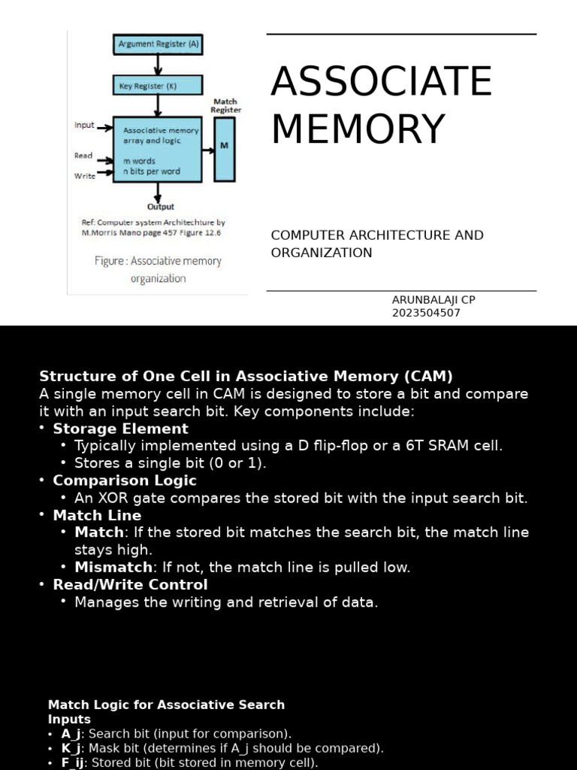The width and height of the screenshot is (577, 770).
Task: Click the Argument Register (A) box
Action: [158, 44]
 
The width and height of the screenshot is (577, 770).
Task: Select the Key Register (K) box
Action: [158, 85]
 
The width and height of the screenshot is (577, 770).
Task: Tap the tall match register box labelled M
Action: [224, 147]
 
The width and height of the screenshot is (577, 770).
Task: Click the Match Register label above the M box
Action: [225, 105]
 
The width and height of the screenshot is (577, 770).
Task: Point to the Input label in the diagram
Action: [84, 125]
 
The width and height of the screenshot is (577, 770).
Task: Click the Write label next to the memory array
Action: [84, 176]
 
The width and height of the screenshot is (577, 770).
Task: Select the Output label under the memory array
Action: [160, 207]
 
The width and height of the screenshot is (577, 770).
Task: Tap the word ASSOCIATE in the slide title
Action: [381, 82]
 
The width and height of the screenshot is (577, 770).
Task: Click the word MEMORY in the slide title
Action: [358, 129]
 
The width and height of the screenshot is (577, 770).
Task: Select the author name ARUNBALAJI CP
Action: [434, 299]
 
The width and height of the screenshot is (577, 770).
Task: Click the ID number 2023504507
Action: [426, 313]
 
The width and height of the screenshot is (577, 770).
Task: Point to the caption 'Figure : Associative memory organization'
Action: [158, 269]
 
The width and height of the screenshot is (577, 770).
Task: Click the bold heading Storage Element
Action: [120, 429]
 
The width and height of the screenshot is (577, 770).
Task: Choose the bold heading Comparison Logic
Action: [124, 480]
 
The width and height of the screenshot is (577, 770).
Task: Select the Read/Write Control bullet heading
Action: [130, 584]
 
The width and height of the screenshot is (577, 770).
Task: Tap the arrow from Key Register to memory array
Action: [158, 105]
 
